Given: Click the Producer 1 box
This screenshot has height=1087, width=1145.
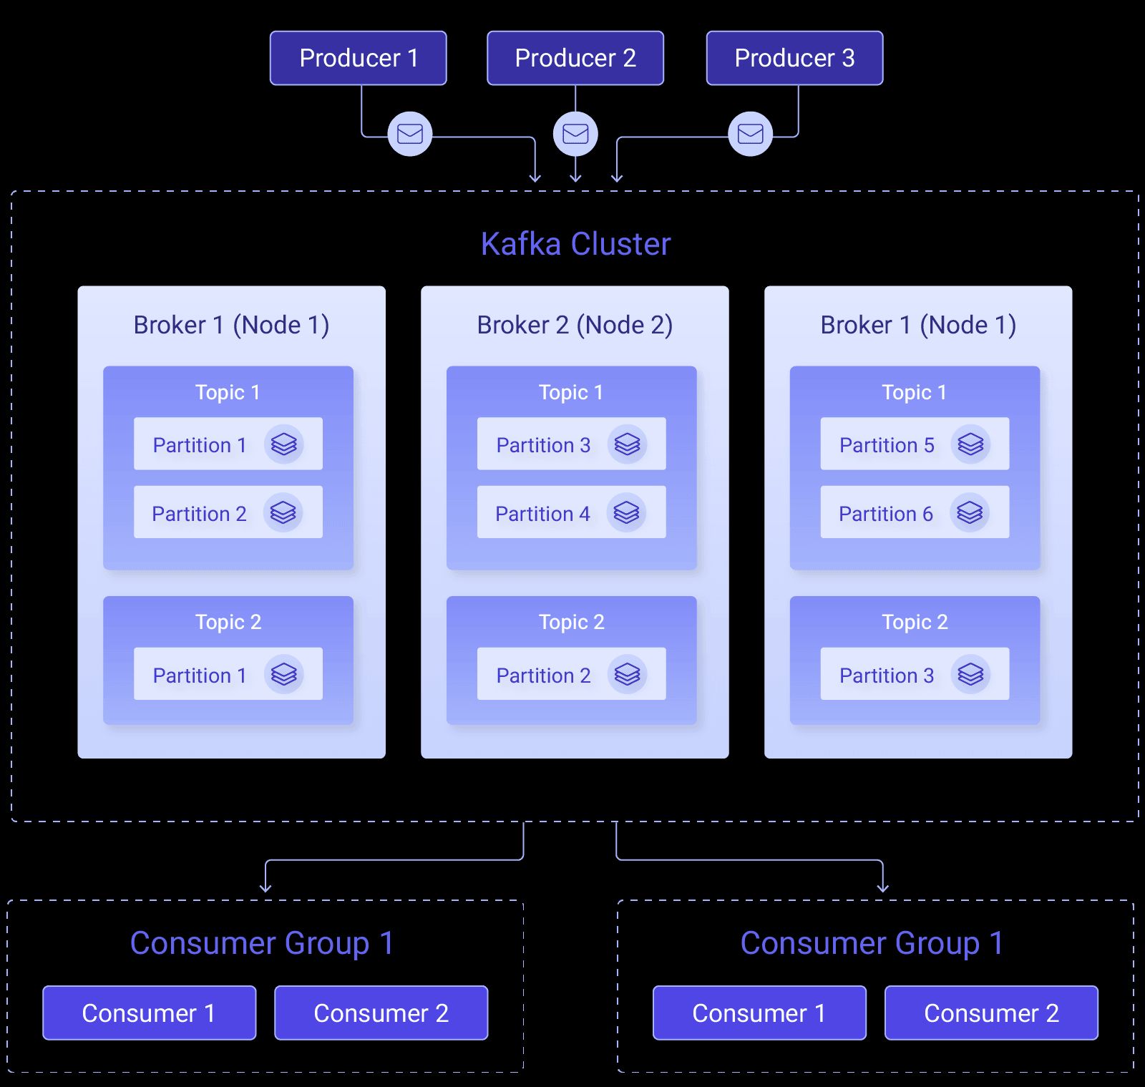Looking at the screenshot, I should point(358,58).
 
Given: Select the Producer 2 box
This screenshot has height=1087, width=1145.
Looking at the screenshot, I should point(575,58).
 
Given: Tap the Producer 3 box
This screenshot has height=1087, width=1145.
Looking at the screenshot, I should point(794,58).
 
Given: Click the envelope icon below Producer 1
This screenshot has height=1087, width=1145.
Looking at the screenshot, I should point(410,134).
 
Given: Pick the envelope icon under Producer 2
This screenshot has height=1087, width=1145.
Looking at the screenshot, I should point(575,134).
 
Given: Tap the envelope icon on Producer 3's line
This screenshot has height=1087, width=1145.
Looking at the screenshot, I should point(750,134).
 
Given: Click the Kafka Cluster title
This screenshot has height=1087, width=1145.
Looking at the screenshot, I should point(575,244).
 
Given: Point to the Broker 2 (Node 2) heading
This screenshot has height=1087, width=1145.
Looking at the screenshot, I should point(575,325).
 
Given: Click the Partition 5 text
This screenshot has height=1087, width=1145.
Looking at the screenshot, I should point(887,445).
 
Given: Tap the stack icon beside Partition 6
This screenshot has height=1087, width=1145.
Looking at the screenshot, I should point(970,512).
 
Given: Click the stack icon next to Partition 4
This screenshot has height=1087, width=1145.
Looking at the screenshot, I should point(626,512).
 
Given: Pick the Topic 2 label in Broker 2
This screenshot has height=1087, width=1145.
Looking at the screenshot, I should point(571,622).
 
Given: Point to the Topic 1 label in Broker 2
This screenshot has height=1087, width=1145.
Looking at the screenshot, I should point(571,392).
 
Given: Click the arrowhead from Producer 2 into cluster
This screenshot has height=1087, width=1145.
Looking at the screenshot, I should point(575,177).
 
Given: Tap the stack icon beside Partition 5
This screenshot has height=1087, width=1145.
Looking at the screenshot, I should point(970,444).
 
